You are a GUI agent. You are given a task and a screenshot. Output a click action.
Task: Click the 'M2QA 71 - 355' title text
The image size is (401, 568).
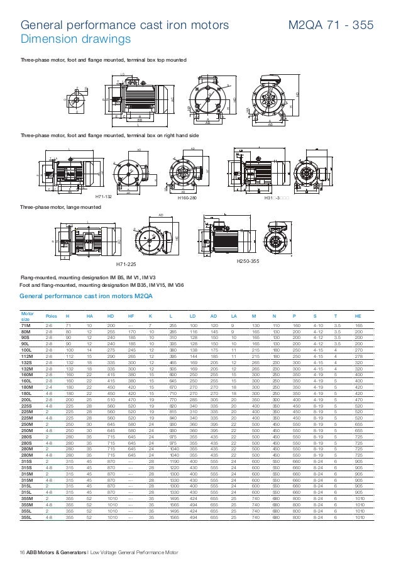[x=331, y=26]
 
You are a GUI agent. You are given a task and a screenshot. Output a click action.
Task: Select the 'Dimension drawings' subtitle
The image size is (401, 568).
[x=75, y=40]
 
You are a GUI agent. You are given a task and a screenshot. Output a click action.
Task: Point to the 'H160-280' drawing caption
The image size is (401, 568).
[x=188, y=198]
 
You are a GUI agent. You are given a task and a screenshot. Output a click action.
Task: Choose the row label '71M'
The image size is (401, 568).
[x=26, y=325]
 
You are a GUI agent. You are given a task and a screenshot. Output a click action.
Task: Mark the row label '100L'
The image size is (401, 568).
[x=26, y=350]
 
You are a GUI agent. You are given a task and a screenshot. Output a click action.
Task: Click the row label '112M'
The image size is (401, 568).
[x=26, y=356]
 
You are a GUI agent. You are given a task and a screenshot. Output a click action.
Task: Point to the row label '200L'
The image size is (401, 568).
[x=26, y=400]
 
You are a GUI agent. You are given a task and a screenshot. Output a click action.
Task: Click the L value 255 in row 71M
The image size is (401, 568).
[x=172, y=325]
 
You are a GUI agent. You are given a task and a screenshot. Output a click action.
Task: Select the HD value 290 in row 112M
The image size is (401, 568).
[x=111, y=356]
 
